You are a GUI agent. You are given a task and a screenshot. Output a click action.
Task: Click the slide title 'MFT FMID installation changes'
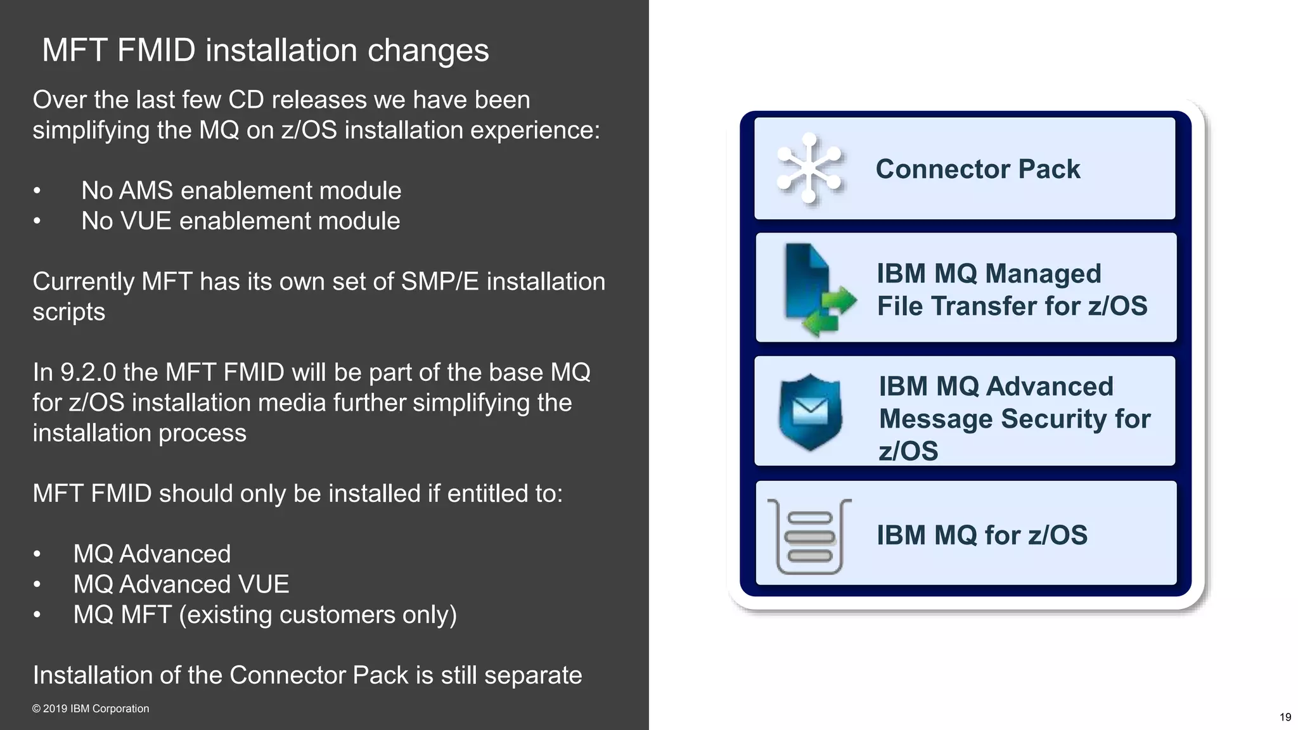[x=265, y=50]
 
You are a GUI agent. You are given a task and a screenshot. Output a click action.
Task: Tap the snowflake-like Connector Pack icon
[x=809, y=169]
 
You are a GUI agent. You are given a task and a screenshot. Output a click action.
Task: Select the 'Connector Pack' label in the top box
[x=977, y=169]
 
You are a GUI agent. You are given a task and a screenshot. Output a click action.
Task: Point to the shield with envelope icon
[x=810, y=412]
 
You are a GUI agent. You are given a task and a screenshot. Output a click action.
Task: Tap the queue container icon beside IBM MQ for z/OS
[x=809, y=536]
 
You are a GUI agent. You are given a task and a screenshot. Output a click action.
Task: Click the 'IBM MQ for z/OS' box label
[x=982, y=535]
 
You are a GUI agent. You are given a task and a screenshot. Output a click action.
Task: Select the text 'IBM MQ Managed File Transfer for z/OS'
[x=1012, y=290]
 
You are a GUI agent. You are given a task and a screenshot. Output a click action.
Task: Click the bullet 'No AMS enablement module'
[x=241, y=191]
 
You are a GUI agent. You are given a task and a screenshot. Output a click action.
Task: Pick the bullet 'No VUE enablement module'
[x=240, y=221]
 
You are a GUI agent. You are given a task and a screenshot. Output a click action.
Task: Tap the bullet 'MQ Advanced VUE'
[x=181, y=584]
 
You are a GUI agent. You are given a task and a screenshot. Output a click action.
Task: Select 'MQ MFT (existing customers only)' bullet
[x=265, y=615]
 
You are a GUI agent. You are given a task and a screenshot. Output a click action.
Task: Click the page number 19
[x=1285, y=717]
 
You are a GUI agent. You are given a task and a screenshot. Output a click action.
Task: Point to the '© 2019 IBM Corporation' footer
[x=91, y=708]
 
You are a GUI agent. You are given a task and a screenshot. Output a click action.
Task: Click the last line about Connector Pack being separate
[x=307, y=676]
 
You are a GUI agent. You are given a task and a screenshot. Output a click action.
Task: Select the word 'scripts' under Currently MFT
[x=68, y=312]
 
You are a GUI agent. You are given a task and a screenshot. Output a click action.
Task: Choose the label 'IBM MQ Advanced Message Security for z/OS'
[x=1014, y=418]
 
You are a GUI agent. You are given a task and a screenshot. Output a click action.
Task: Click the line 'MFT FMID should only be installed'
[x=297, y=494]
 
